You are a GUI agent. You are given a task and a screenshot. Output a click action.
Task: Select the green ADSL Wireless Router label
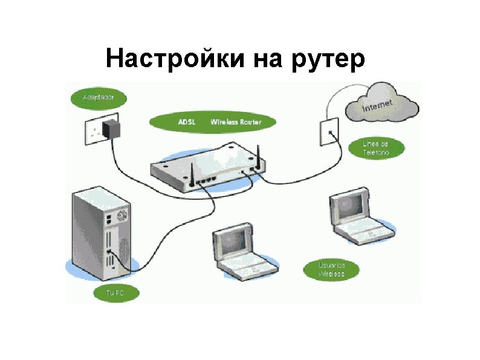pos(213,122)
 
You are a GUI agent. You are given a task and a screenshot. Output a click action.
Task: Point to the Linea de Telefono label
pos(375,148)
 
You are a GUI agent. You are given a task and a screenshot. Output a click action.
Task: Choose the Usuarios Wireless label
pos(332,270)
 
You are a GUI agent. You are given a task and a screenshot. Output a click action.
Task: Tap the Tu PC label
pos(115,293)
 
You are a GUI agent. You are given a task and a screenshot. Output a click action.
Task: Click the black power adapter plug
pos(112,128)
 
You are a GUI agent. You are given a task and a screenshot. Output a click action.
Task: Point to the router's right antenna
pos(257,156)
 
